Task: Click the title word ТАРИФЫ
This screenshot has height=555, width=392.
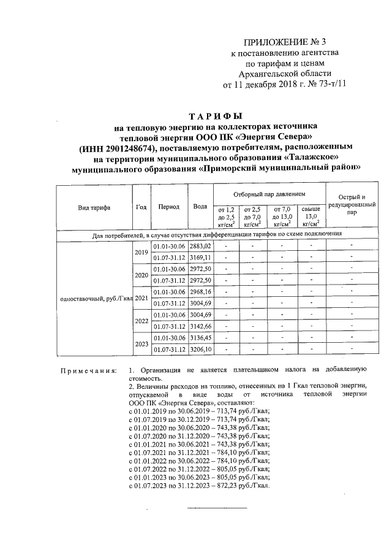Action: tap(215, 115)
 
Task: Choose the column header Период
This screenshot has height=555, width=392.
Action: tap(168, 207)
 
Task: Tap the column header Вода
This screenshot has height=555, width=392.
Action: tap(200, 207)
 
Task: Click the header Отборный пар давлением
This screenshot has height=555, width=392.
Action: tap(269, 193)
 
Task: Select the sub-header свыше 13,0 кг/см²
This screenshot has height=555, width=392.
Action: tap(311, 216)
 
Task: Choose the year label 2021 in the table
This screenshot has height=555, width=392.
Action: tap(141, 297)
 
